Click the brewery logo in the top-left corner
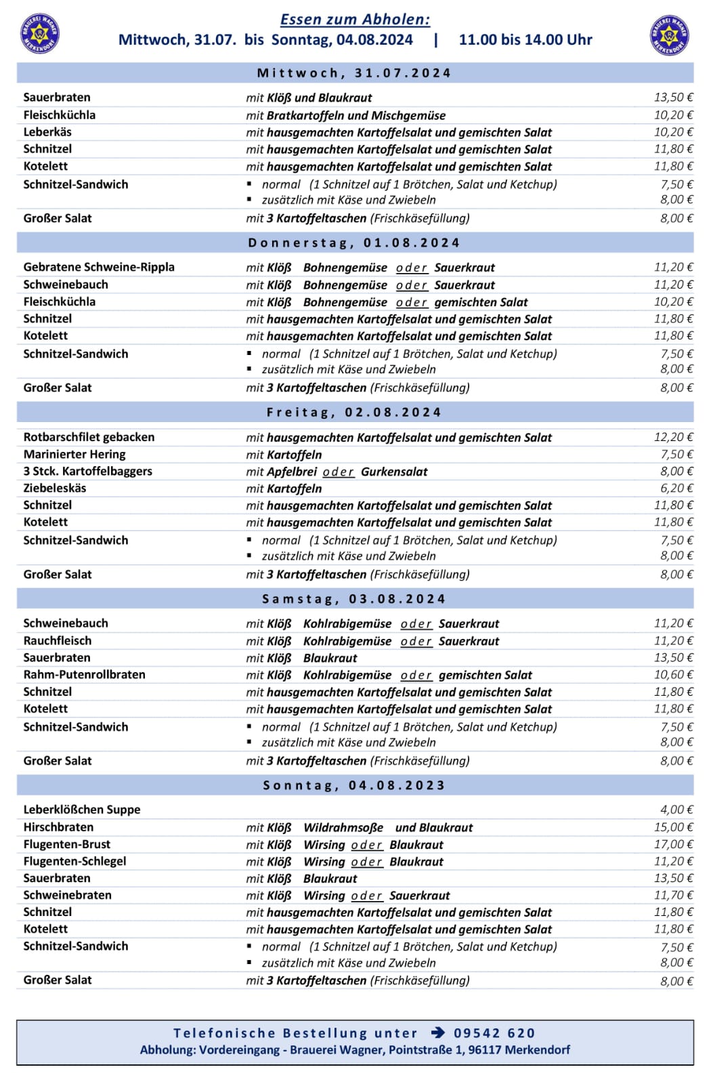(x=41, y=33)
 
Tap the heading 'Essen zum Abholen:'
(x=355, y=20)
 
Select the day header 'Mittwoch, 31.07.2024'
(x=354, y=73)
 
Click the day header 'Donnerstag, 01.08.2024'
(x=354, y=243)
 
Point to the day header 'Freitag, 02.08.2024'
(x=354, y=412)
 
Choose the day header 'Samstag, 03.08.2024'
(x=354, y=599)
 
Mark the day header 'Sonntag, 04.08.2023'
(x=354, y=785)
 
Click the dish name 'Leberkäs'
(x=47, y=132)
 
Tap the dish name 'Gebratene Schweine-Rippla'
(x=99, y=267)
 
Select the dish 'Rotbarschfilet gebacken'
(x=89, y=437)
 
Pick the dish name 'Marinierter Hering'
(x=74, y=454)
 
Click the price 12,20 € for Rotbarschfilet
(x=673, y=437)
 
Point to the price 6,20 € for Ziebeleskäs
(x=676, y=488)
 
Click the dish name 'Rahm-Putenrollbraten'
(x=84, y=674)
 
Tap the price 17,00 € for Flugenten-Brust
(x=673, y=844)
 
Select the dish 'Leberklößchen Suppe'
(x=82, y=810)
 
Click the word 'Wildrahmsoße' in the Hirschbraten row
(x=343, y=827)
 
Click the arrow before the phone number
(x=438, y=1033)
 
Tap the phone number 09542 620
(x=494, y=1033)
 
